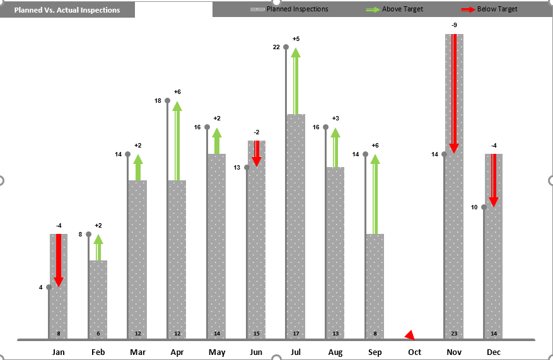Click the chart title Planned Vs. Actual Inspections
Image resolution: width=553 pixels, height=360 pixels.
pyautogui.click(x=67, y=10)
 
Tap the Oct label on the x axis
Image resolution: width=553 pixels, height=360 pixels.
pyautogui.click(x=414, y=352)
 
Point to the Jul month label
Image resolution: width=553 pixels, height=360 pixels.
pyautogui.click(x=296, y=352)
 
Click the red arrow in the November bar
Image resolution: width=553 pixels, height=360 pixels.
pyautogui.click(x=453, y=95)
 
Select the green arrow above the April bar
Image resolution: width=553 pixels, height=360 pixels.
pyautogui.click(x=177, y=142)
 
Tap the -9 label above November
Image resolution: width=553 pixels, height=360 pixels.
pyautogui.click(x=454, y=25)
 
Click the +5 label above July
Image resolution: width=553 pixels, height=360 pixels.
pyautogui.click(x=296, y=39)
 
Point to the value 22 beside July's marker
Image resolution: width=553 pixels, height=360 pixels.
pyautogui.click(x=276, y=47)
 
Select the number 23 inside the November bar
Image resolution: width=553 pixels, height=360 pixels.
pyautogui.click(x=454, y=334)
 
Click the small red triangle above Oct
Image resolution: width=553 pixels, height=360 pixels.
pyautogui.click(x=410, y=335)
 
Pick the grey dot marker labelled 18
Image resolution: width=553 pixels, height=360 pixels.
pyautogui.click(x=168, y=101)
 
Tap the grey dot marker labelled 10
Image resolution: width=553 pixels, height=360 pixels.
pyautogui.click(x=484, y=207)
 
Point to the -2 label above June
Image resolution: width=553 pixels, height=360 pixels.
pyautogui.click(x=257, y=132)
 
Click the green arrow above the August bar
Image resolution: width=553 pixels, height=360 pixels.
pyautogui.click(x=335, y=148)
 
